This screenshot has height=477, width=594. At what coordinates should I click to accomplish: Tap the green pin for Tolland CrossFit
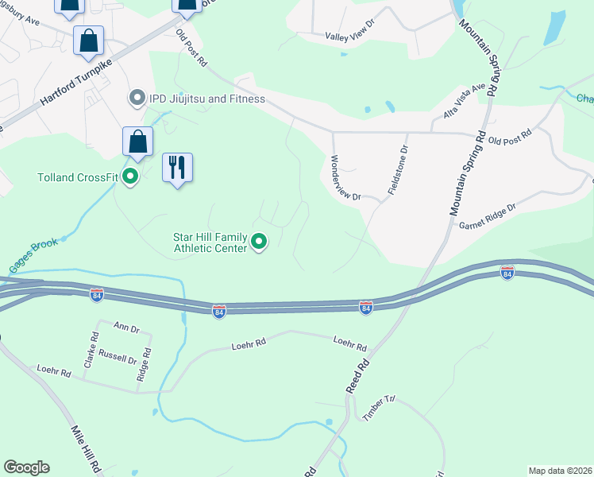131,176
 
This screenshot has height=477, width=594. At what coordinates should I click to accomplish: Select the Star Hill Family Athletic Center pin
258,240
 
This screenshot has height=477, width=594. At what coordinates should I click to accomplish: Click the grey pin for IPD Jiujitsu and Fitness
137,99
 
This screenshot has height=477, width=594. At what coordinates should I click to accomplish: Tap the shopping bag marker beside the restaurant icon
138,142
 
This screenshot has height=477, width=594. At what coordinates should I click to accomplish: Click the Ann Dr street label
126,326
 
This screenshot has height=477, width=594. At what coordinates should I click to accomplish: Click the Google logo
26,467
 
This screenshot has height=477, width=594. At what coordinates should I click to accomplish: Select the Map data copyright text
559,471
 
